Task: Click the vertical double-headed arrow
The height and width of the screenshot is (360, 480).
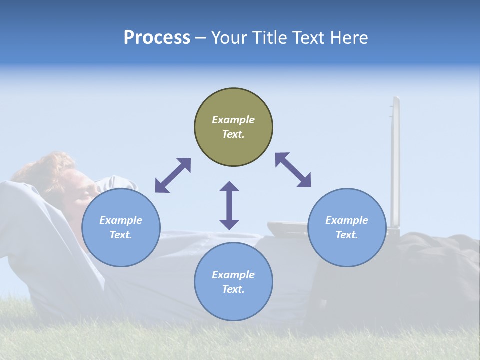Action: pyautogui.click(x=229, y=205)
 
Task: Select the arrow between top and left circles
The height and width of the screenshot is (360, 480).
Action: pyautogui.click(x=173, y=175)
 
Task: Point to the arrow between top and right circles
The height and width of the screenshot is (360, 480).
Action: pyautogui.click(x=293, y=170)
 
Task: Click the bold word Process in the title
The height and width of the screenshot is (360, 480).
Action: pyautogui.click(x=157, y=38)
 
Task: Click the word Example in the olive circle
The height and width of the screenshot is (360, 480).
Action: pyautogui.click(x=233, y=120)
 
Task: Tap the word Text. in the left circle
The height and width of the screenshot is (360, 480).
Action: pyautogui.click(x=121, y=235)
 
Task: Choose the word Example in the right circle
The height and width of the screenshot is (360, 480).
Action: pyautogui.click(x=347, y=220)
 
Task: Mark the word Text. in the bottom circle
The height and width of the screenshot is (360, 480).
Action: pyautogui.click(x=233, y=289)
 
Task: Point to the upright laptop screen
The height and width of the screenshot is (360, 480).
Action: pyautogui.click(x=395, y=160)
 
